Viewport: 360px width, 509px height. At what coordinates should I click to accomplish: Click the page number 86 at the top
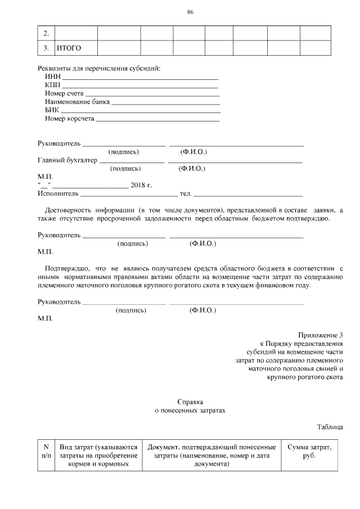pyautogui.click(x=190, y=13)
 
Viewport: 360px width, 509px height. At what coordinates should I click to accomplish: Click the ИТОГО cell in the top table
pyautogui.click(x=69, y=48)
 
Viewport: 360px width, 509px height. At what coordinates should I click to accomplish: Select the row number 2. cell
pyautogui.click(x=46, y=34)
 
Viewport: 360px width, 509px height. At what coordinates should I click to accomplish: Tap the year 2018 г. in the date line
pyautogui.click(x=141, y=185)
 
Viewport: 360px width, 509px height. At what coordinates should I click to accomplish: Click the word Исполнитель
pyautogui.click(x=58, y=193)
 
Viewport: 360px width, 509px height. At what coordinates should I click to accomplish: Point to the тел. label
pyautogui.click(x=185, y=193)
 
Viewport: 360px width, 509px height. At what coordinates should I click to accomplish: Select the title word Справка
pyautogui.click(x=190, y=402)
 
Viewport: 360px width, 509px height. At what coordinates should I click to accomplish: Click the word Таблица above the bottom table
pyautogui.click(x=330, y=427)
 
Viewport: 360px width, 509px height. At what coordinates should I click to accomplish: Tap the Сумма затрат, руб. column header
pyautogui.click(x=309, y=452)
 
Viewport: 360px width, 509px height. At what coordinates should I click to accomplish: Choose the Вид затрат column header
pyautogui.click(x=98, y=456)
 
